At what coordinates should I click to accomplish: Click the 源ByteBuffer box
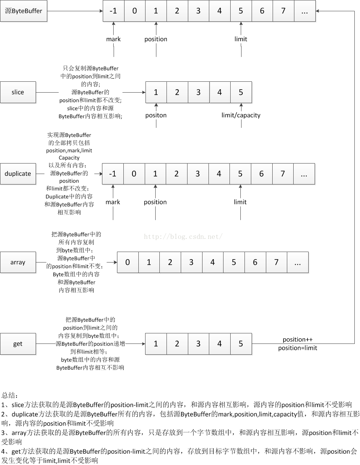coord(24,11)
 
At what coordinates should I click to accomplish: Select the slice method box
coord(18,92)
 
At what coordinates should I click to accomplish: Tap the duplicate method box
coord(18,174)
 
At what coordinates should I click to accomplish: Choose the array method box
coord(18,262)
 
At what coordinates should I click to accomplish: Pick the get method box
coord(18,343)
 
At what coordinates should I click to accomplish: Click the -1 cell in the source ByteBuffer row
coord(113,11)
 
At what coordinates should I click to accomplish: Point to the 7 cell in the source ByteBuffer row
coord(283,11)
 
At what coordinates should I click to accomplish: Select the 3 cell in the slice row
coord(198,92)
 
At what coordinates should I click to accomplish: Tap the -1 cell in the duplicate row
coord(112,174)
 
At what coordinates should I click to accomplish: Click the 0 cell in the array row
coord(127,262)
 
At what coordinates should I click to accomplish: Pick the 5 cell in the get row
coord(241,343)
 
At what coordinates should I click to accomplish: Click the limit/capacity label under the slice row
coord(241,115)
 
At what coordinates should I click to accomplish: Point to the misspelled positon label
coord(156,115)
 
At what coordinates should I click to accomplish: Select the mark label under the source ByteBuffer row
coord(113,39)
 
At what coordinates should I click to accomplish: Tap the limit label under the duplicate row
coord(240,202)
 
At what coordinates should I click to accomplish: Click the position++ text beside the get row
coord(297,339)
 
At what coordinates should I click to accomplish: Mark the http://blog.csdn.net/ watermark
coord(183,237)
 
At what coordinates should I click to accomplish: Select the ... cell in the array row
coord(298,262)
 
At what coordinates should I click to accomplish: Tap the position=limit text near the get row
coord(297,348)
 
